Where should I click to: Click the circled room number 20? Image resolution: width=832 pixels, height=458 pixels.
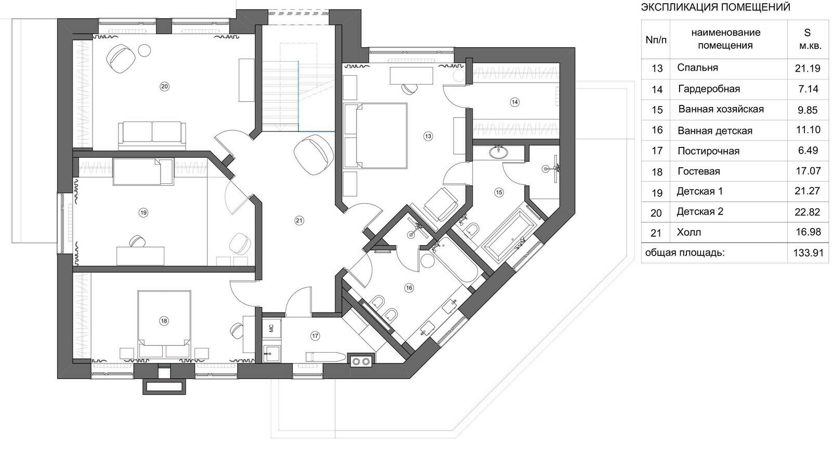click(x=164, y=86)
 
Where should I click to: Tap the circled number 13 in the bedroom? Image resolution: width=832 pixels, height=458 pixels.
click(x=428, y=136)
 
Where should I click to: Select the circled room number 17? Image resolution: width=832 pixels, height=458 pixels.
click(x=315, y=336)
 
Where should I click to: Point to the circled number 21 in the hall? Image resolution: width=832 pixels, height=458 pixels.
click(x=299, y=221)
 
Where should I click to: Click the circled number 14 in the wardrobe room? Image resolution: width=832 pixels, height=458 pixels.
click(x=514, y=102)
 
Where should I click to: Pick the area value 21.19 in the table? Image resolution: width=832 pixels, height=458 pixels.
click(x=808, y=68)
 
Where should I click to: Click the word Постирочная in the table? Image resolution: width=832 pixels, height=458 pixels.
click(x=708, y=151)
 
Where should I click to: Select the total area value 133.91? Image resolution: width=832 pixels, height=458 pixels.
click(x=808, y=253)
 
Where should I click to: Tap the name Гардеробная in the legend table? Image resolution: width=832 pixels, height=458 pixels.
click(x=709, y=89)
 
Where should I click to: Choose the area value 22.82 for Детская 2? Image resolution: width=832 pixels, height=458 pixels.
click(x=808, y=212)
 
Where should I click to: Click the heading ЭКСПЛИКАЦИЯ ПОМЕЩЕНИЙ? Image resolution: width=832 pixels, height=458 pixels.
click(x=716, y=7)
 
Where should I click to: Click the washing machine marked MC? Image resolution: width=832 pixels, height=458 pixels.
click(x=271, y=328)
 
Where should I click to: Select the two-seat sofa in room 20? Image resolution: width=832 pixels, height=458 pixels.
click(x=152, y=136)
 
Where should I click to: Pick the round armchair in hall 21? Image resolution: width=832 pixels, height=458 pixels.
click(x=313, y=154)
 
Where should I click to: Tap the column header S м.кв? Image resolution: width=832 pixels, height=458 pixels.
click(x=807, y=39)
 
